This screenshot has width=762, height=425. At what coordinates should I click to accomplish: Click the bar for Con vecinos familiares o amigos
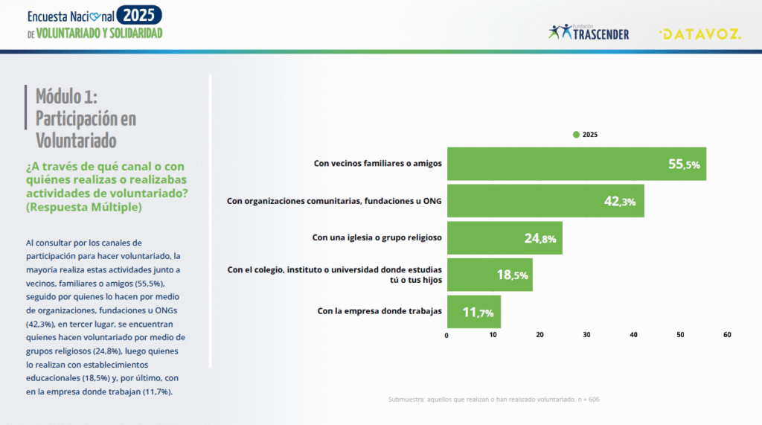pos(576,164)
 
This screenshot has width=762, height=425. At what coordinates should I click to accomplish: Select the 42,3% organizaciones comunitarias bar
pos(545,201)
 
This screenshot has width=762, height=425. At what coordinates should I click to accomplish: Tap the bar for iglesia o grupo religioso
pos(504,238)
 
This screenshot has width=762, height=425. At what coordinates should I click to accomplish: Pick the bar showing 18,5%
pos(489,275)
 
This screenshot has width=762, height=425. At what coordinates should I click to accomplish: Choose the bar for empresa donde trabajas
pos(473,312)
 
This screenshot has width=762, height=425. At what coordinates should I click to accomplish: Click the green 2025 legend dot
pos(576,135)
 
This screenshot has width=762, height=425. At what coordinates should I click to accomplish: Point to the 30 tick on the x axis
pos(586,335)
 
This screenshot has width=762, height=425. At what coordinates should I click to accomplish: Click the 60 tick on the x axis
pos(727,335)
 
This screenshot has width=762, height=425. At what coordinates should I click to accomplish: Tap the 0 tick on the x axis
pos(446,335)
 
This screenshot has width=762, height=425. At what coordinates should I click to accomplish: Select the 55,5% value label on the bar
pos(684,164)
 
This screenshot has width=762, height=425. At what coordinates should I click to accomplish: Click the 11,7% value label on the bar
pos(478,313)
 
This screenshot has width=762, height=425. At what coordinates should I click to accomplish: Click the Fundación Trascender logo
pos(589,33)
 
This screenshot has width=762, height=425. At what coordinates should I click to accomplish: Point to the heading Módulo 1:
pos(66,96)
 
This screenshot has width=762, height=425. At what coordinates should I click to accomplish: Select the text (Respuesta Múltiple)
pos(83,208)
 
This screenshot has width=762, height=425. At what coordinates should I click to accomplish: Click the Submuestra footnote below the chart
pos(493,400)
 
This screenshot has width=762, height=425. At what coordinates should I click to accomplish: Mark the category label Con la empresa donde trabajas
pos(380,311)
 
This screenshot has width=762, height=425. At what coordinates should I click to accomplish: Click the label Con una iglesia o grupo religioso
pos(377,237)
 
